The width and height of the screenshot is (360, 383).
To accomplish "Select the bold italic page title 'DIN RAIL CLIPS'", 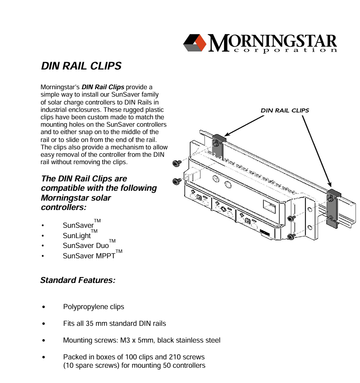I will tap(81, 66).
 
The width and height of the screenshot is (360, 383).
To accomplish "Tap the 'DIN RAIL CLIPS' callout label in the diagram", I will tap(285, 110).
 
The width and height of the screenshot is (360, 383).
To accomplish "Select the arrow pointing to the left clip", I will tap(244, 125).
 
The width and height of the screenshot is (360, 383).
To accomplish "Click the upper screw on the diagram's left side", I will tap(176, 163).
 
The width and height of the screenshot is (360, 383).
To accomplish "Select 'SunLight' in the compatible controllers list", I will tap(77, 235).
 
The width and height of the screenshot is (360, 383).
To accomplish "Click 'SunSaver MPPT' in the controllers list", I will tap(89, 256).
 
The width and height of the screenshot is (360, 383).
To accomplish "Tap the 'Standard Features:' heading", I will tap(78, 280).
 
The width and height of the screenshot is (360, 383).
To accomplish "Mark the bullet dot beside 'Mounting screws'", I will tap(45, 341).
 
